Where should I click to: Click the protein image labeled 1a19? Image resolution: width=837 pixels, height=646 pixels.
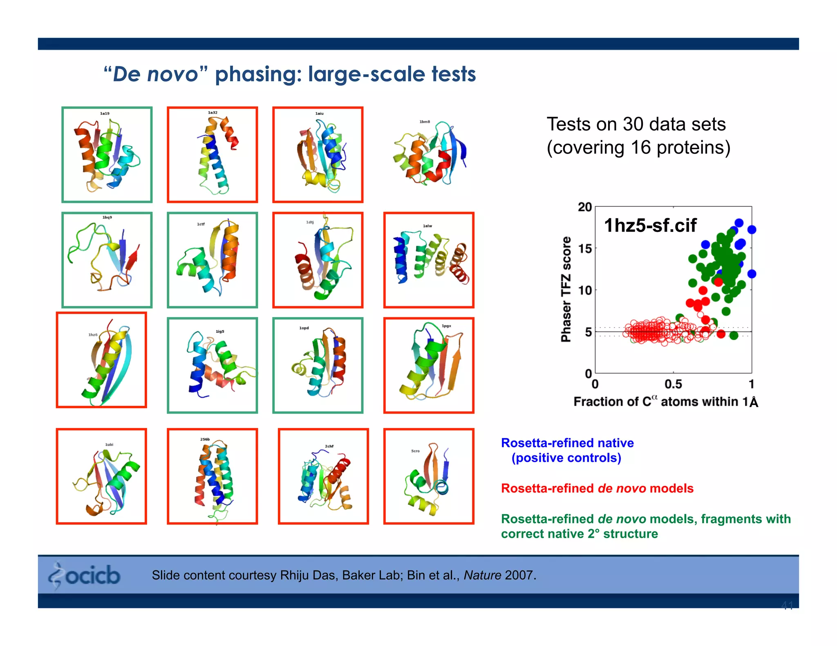pyautogui.click(x=107, y=155)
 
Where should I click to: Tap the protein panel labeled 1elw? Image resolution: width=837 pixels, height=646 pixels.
pyautogui.click(x=429, y=260)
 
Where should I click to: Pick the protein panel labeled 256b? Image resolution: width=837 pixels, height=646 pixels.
pyautogui.click(x=212, y=476)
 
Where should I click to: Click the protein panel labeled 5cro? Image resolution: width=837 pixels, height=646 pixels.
pyautogui.click(x=429, y=476)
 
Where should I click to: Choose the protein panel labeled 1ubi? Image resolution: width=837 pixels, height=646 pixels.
pyautogui.click(x=101, y=476)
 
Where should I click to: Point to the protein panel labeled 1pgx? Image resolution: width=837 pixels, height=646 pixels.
pyautogui.click(x=429, y=365)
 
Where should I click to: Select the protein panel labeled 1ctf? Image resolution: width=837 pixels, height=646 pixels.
pyautogui.click(x=212, y=260)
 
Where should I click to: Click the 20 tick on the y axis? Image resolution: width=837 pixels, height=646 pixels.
pyautogui.click(x=584, y=207)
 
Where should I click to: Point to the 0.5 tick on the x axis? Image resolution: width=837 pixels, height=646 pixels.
pyautogui.click(x=673, y=384)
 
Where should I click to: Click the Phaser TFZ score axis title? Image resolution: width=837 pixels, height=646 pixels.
pyautogui.click(x=566, y=289)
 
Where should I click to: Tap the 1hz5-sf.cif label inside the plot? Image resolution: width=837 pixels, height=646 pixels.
pyautogui.click(x=650, y=225)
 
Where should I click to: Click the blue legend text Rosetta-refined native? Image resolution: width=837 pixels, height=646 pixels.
pyautogui.click(x=567, y=443)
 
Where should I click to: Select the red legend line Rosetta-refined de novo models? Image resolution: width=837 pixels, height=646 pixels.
pyautogui.click(x=597, y=488)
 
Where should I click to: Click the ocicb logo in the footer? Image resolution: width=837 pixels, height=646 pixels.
pyautogui.click(x=85, y=575)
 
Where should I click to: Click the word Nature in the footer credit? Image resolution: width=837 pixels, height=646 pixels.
pyautogui.click(x=482, y=575)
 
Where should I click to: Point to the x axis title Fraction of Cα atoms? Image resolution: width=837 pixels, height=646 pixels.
pyautogui.click(x=665, y=402)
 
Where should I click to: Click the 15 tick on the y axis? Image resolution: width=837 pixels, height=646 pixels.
pyautogui.click(x=584, y=248)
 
